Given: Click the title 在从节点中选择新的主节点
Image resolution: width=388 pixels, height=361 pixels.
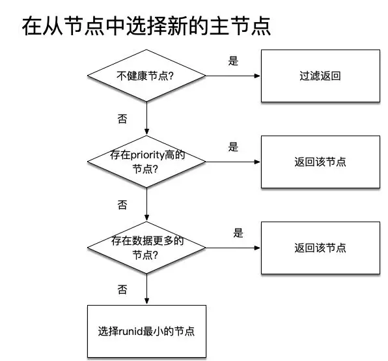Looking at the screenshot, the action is [146, 26].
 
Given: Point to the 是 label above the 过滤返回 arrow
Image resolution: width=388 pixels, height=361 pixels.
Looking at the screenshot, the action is [233, 61].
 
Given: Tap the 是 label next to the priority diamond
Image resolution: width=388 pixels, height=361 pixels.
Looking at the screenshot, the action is [233, 147].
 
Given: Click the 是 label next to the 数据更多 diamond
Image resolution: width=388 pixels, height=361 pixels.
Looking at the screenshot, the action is [238, 233].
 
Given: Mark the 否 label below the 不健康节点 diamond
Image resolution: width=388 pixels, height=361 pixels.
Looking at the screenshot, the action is [122, 119].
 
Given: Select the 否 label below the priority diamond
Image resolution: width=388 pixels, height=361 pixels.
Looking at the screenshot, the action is [122, 205].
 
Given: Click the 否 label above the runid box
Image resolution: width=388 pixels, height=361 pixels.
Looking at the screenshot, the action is [122, 289].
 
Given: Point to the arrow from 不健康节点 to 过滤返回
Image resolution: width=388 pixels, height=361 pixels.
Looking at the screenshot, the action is [233, 76].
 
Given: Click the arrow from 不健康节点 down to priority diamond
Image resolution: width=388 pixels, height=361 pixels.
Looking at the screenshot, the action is [146, 119].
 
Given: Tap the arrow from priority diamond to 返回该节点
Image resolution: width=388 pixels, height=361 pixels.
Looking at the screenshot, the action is [233, 162].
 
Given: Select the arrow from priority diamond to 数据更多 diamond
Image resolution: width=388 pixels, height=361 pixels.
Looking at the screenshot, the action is [146, 204].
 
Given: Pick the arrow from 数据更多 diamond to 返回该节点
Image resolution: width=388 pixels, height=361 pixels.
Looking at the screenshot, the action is [233, 248].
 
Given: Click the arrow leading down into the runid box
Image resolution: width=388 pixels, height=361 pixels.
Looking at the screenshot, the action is [146, 289].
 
